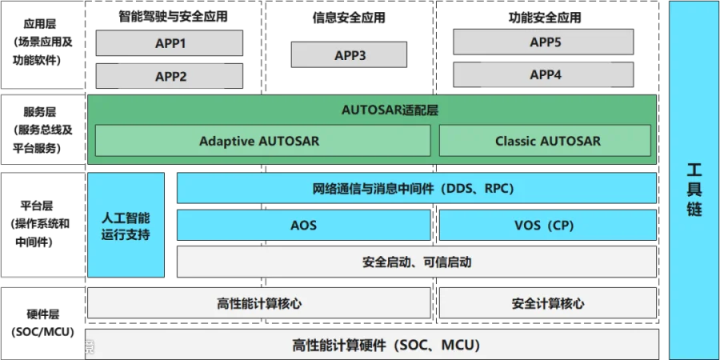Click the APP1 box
170,43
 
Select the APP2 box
170,76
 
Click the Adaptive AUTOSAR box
259,141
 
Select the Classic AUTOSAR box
547,141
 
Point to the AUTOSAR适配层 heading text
373,110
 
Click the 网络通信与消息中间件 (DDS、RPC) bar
416,189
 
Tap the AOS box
303,226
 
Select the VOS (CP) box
547,226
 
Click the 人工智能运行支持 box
126,226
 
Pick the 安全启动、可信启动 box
416,262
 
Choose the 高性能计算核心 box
258,303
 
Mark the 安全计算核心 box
547,303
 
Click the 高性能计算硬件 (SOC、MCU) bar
373,346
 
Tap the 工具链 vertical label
694,190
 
